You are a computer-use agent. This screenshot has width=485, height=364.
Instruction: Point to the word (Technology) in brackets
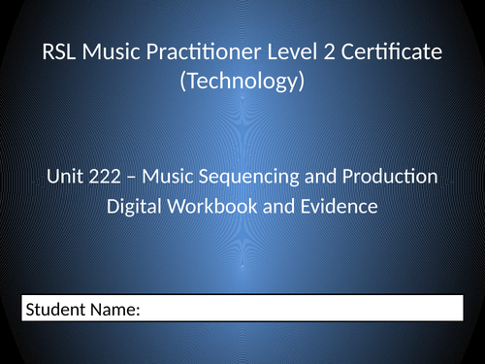pyautogui.click(x=242, y=83)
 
